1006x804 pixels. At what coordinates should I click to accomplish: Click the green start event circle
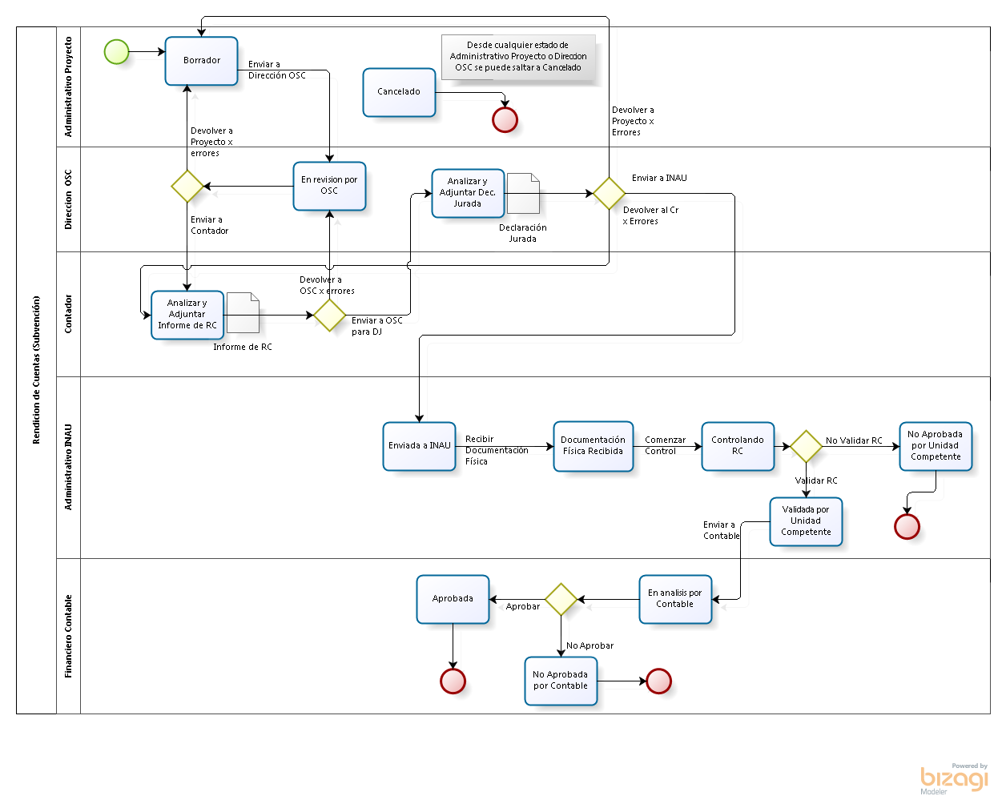tap(117, 52)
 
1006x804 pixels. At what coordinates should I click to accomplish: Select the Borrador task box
tap(202, 61)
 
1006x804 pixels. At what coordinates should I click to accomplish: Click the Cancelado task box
tap(399, 92)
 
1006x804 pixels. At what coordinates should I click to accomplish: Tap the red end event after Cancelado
tap(505, 120)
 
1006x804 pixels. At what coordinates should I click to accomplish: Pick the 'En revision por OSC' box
tap(329, 186)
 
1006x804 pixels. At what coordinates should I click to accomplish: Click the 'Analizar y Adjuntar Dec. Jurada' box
tap(468, 193)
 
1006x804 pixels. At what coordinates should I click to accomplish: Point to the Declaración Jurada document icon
tap(523, 193)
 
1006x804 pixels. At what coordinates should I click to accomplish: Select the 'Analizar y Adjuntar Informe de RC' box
tap(187, 315)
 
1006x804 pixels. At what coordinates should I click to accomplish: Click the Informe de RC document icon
tap(243, 313)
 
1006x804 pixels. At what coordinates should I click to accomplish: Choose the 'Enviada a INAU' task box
tap(419, 446)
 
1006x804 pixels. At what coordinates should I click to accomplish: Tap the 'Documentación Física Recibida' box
tap(593, 446)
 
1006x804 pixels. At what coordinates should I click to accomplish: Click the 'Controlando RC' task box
tap(738, 446)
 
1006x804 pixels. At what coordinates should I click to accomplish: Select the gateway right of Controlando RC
tap(806, 446)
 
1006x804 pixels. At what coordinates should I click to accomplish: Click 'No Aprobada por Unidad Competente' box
tap(936, 446)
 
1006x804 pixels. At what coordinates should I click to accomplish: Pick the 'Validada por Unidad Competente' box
tap(806, 521)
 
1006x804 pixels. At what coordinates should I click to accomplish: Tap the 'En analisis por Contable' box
tap(675, 599)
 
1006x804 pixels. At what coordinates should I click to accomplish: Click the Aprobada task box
tap(453, 599)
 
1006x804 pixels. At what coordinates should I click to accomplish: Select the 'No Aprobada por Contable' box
tap(561, 681)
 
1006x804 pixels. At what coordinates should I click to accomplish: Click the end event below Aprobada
tap(453, 681)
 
